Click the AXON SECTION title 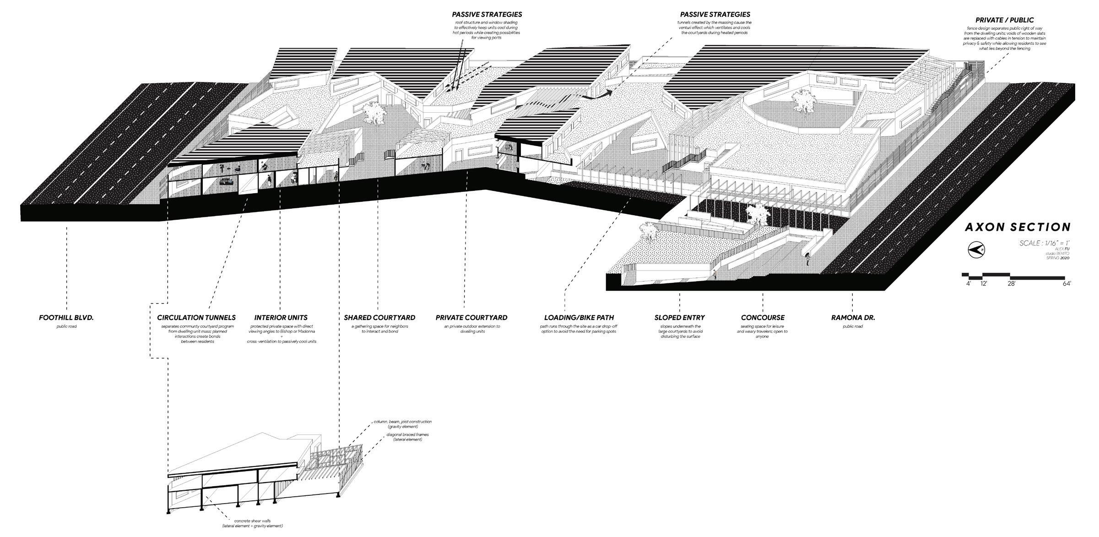coord(1018,228)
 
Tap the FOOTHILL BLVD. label coord(66,317)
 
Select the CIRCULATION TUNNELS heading coord(196,317)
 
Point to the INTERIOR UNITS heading coord(281,317)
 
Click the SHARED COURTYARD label coord(379,317)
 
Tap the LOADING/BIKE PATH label coord(579,317)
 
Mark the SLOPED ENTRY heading coord(679,317)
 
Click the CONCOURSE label coord(763,317)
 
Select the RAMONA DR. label coord(853,317)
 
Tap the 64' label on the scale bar coord(1067,283)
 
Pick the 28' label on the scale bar coord(1011,283)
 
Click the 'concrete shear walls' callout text coord(252,523)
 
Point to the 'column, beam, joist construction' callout coord(402,424)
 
